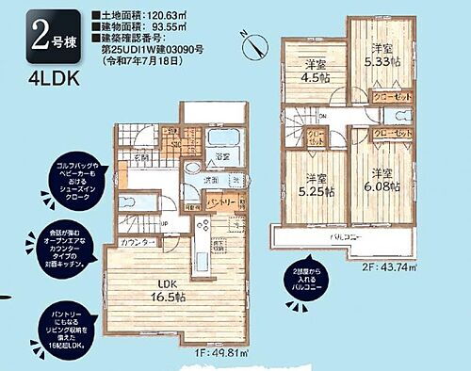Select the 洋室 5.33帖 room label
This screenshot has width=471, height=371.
(x=382, y=57)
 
